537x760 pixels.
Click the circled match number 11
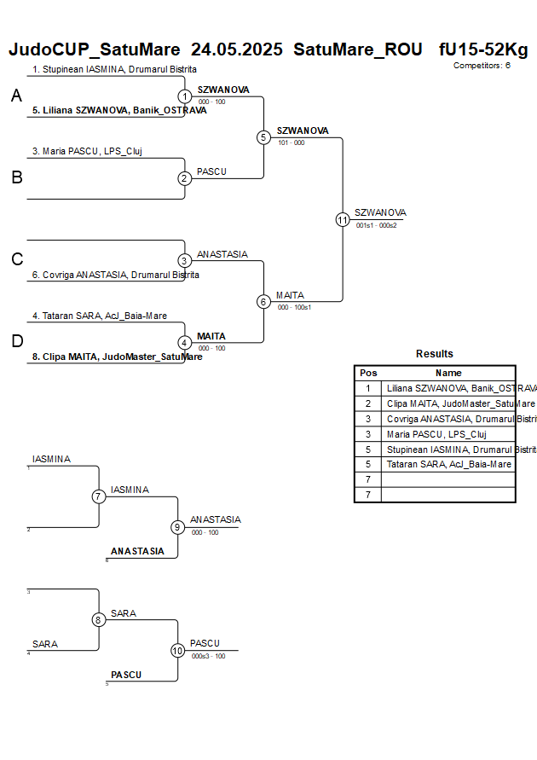pyautogui.click(x=343, y=219)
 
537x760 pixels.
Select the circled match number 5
pyautogui.click(x=263, y=137)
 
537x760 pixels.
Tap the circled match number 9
pyautogui.click(x=177, y=527)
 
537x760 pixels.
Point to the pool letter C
pyautogui.click(x=17, y=260)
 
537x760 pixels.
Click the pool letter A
pyautogui.click(x=16, y=96)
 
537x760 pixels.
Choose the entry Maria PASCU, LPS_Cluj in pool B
pyautogui.click(x=87, y=151)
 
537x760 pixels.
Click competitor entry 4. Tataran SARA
pyautogui.click(x=100, y=316)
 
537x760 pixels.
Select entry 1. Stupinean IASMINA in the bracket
pyautogui.click(x=114, y=69)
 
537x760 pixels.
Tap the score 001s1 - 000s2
pyautogui.click(x=376, y=225)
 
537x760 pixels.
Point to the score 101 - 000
pyautogui.click(x=291, y=142)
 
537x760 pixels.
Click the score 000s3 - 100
pyautogui.click(x=208, y=656)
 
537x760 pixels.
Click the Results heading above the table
pyautogui.click(x=435, y=354)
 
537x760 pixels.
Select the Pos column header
pyautogui.click(x=368, y=373)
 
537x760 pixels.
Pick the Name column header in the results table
pyautogui.click(x=448, y=373)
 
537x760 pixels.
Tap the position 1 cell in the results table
pyautogui.click(x=368, y=388)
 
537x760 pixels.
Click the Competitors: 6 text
pyautogui.click(x=482, y=65)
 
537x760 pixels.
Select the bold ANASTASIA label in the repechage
pyautogui.click(x=137, y=551)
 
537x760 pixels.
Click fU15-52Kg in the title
pyautogui.click(x=482, y=49)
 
